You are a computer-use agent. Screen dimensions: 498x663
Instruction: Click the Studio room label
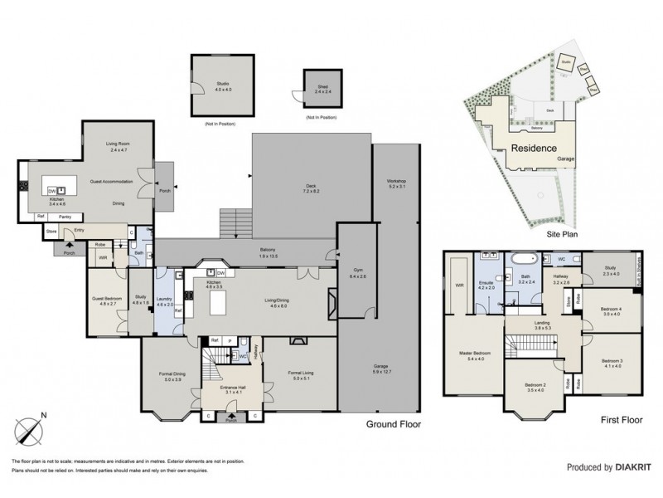[222, 85]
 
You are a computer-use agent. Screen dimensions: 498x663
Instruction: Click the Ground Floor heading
[394, 423]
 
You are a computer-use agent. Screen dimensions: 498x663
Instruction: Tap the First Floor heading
[622, 421]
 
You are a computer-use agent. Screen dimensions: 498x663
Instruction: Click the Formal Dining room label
[172, 375]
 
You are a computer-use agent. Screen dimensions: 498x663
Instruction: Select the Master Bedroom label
[470, 354]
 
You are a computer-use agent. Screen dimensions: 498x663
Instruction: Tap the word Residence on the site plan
[532, 149]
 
